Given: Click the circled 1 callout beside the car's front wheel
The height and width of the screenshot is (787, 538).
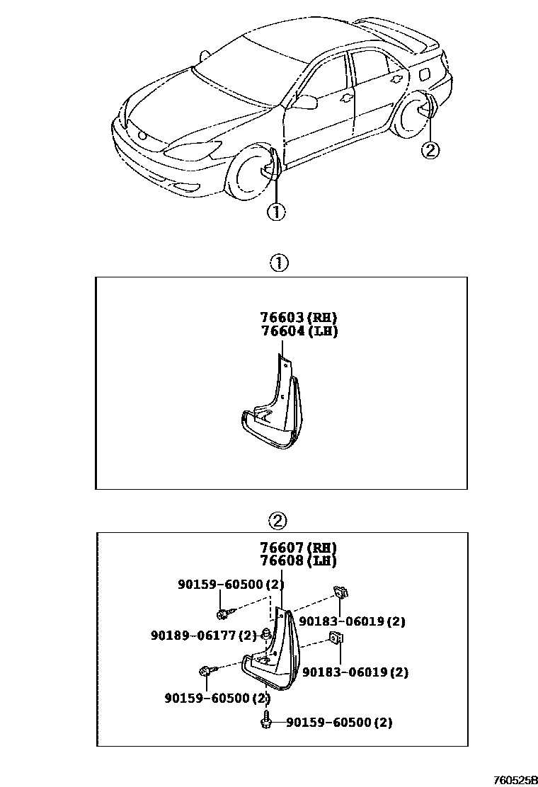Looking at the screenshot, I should pyautogui.click(x=275, y=211).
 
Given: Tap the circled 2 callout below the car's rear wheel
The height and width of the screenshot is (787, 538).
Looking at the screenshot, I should pyautogui.click(x=430, y=149).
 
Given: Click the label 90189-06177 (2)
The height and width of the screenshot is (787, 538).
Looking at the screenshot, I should pyautogui.click(x=203, y=635).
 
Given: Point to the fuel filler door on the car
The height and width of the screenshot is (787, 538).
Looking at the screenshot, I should pyautogui.click(x=429, y=74).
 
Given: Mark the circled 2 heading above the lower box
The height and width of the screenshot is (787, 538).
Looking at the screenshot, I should pyautogui.click(x=277, y=522).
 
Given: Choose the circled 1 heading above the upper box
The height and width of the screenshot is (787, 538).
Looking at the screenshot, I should pyautogui.click(x=279, y=263).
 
